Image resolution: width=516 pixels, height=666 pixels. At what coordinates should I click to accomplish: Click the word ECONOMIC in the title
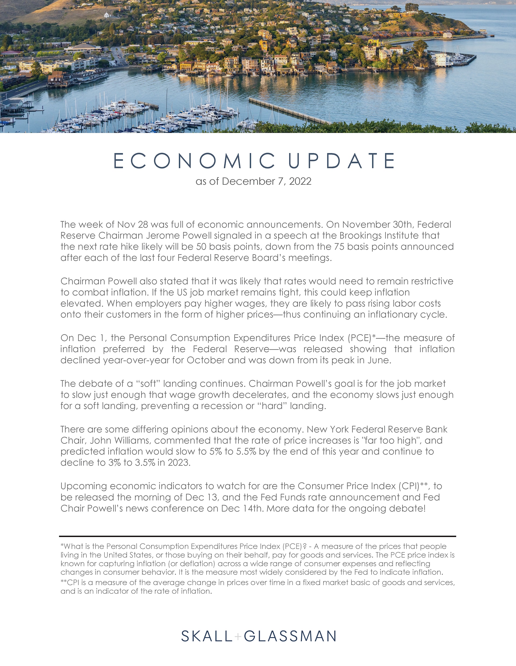tap(194, 161)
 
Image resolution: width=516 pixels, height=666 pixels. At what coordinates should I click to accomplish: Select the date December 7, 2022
tap(267, 181)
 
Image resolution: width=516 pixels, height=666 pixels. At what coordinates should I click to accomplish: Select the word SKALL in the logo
tap(207, 636)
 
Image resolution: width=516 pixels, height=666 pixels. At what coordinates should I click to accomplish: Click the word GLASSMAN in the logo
tap(290, 636)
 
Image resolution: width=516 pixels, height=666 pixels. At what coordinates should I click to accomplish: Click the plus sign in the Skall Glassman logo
tap(238, 636)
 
